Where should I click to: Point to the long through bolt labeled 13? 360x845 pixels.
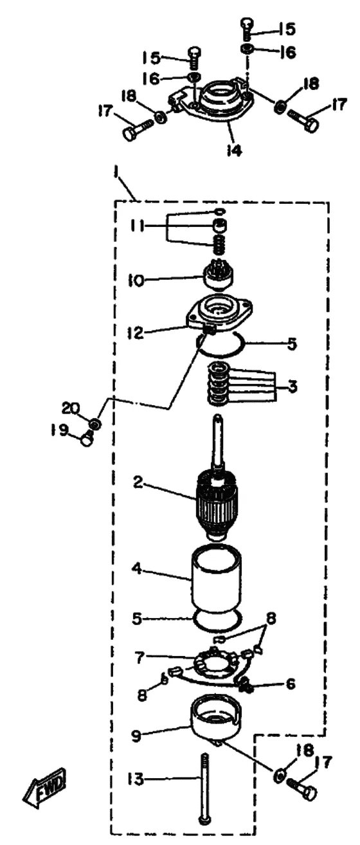pyautogui.click(x=204, y=787)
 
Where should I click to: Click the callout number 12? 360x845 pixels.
pyautogui.click(x=135, y=332)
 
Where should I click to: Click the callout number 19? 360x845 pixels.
pyautogui.click(x=59, y=430)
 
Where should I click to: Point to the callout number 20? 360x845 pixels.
pyautogui.click(x=71, y=408)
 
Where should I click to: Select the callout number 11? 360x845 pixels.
pyautogui.click(x=136, y=226)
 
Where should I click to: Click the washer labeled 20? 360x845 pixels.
pyautogui.click(x=96, y=423)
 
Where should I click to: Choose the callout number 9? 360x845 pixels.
pyautogui.click(x=136, y=736)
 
